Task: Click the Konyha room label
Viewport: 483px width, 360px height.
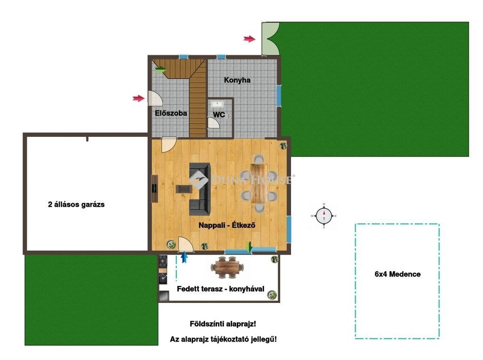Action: point(237,80)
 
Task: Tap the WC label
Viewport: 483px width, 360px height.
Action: point(219,115)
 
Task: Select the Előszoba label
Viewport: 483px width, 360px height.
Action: point(171,113)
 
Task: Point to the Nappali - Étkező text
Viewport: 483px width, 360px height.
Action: point(227,225)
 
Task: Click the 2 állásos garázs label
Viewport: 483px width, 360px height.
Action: point(76,204)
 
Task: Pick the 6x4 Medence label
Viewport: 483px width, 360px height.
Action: point(397,274)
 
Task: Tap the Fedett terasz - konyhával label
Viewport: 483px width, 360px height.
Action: point(221,289)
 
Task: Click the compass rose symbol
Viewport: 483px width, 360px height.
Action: point(324,216)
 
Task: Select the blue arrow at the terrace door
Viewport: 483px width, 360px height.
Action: point(184,257)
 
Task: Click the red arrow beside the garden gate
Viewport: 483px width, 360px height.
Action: point(250,39)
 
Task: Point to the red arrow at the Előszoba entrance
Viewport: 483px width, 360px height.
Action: point(139,98)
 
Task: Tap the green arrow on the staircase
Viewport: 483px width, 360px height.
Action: point(160,70)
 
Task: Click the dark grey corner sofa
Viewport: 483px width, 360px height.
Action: point(200,189)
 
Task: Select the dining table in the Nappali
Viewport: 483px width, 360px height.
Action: point(259,183)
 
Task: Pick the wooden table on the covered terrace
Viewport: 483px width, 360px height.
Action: point(227,267)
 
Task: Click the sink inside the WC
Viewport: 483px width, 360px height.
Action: point(217,103)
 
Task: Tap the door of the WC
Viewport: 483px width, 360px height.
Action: point(213,123)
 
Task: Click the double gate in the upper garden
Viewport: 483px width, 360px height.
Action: point(270,39)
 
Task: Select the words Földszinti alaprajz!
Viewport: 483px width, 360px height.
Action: point(223,324)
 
